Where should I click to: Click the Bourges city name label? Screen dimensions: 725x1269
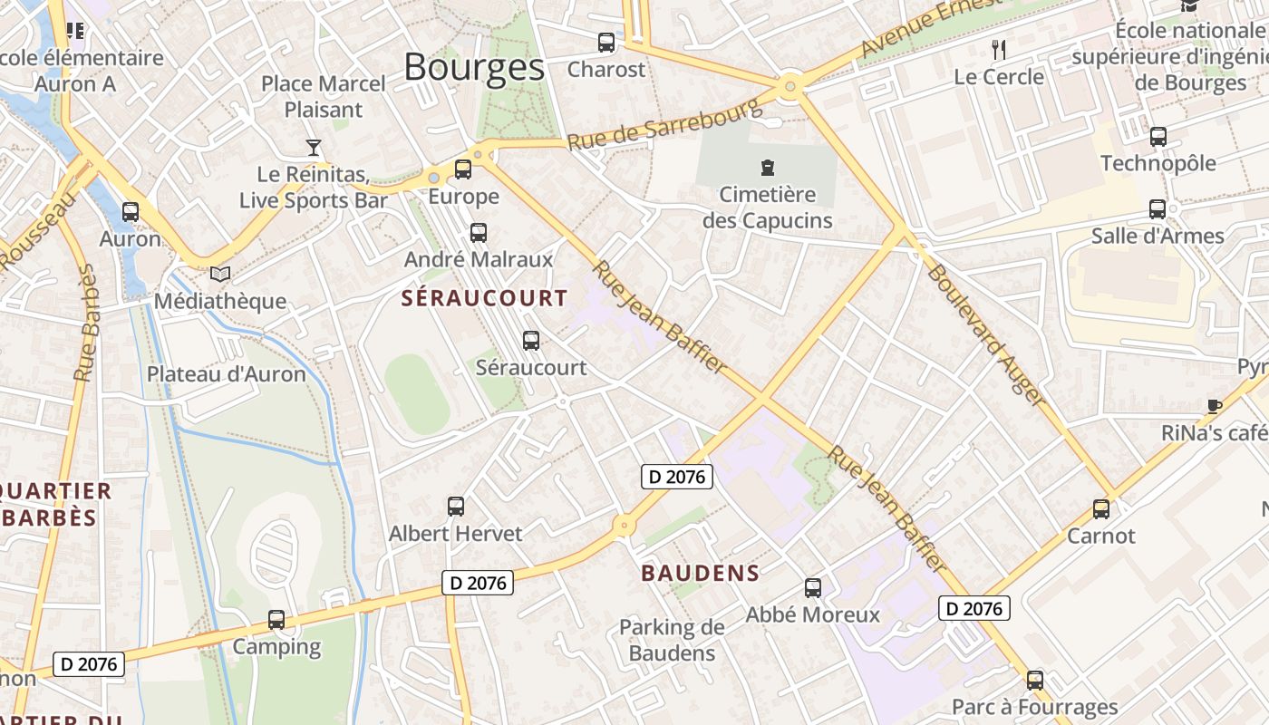coord(474,67)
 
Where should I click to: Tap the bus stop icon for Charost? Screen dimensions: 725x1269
coord(606,43)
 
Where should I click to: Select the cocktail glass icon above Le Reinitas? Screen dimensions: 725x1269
coord(314,147)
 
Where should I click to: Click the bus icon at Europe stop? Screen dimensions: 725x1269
coord(463,169)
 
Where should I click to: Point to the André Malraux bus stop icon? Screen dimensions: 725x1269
coord(479,233)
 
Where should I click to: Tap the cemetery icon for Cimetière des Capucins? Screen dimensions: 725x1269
coord(768,167)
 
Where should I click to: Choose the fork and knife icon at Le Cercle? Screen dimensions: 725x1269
coord(999,49)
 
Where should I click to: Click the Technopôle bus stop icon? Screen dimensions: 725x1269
coord(1158,137)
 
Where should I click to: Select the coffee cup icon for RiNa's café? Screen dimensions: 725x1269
coord(1215,406)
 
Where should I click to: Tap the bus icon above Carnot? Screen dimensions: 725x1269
coord(1101,508)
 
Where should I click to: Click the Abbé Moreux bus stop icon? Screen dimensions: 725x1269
coord(813,588)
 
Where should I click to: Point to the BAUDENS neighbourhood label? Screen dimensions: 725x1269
coord(700,573)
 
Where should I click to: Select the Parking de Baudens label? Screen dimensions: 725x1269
coord(672,640)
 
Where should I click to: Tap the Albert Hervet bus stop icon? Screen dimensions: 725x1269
coord(456,507)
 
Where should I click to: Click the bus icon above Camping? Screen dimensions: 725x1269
coord(276,620)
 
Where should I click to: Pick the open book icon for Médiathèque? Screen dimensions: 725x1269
coord(220,274)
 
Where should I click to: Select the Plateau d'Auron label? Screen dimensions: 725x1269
coord(227,374)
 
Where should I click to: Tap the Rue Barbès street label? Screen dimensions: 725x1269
coord(86,323)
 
